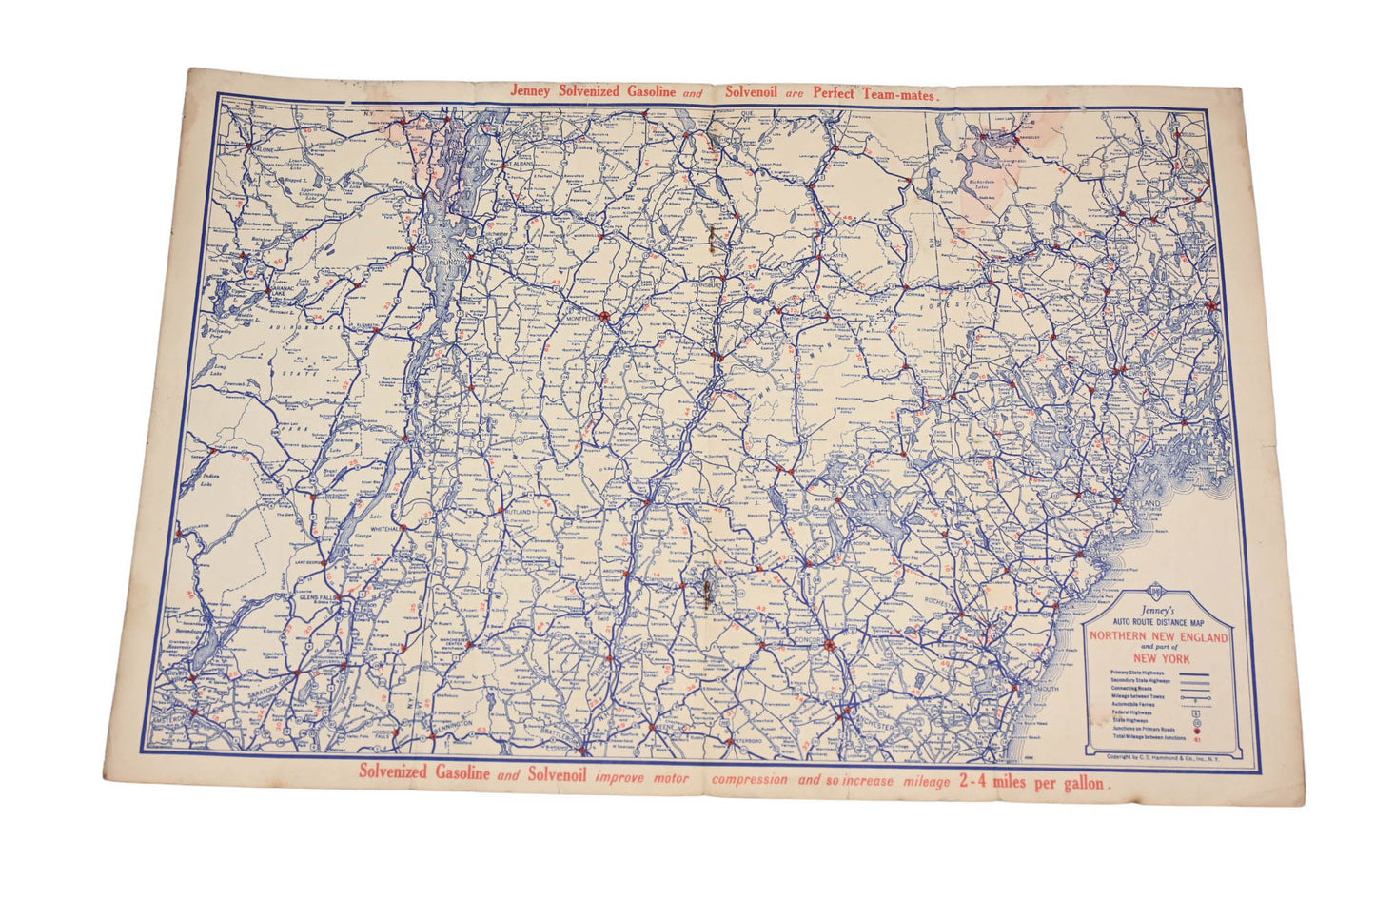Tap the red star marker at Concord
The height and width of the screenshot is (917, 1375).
click(x=829, y=646)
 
